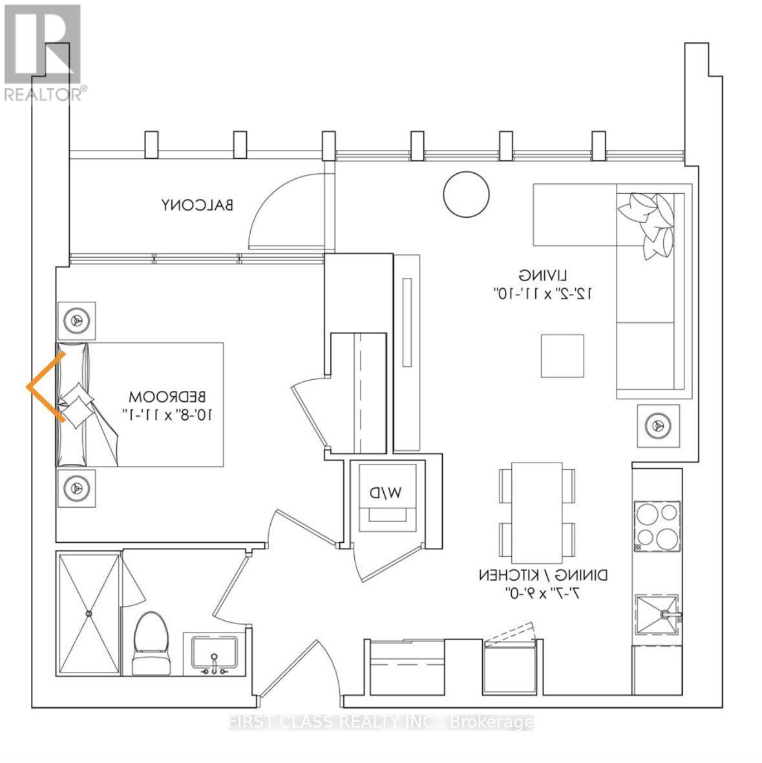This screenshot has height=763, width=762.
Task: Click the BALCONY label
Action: click(197, 205)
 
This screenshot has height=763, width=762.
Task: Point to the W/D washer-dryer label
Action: click(386, 492)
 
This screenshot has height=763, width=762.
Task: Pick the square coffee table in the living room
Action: click(562, 356)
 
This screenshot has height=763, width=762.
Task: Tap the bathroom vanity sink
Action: click(213, 654)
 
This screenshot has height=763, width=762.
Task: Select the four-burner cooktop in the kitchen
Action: click(657, 526)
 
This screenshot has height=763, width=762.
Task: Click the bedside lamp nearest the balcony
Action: click(77, 320)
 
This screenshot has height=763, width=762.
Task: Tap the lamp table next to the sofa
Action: click(658, 425)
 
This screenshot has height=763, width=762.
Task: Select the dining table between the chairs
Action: click(536, 512)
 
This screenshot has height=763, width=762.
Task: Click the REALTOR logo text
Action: click(43, 94)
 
